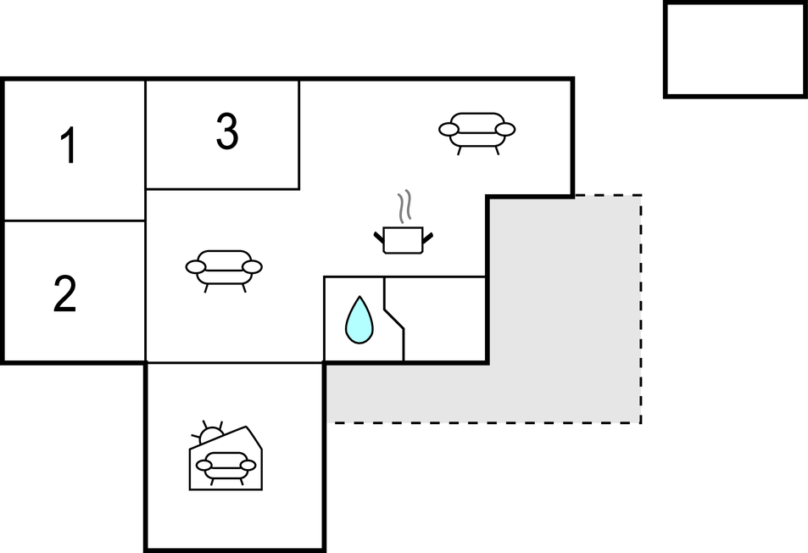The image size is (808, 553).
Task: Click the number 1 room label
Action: pos(69,146)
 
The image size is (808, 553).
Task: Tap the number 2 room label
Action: pos(64,294)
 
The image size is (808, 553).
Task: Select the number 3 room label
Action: pos(226,132)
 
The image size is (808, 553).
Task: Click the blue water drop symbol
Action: pos(359,320)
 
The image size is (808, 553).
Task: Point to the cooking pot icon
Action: pos(403,239)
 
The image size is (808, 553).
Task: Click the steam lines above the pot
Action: pos(405,205)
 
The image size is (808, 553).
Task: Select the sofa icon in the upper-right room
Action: pos(476,130)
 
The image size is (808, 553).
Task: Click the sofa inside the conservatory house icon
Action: pos(226,465)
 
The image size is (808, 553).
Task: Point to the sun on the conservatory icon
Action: pos(209,433)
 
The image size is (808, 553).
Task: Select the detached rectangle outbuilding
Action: pos(734,50)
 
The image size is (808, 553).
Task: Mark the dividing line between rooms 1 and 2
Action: pos(75,221)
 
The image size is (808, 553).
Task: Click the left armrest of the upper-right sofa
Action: pos(449,130)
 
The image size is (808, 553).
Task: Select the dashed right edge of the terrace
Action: pos(641,310)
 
